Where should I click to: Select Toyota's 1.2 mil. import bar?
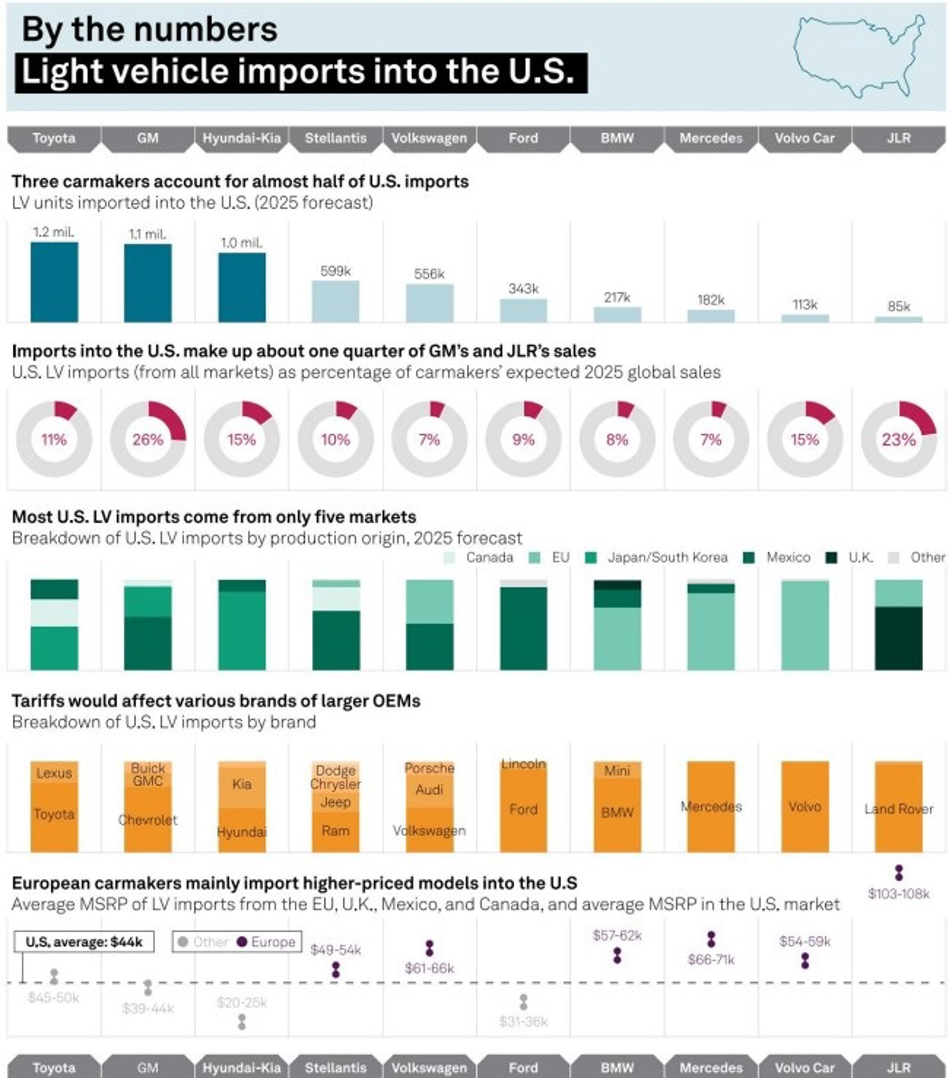[x=54, y=282]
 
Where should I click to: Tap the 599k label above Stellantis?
[x=335, y=271]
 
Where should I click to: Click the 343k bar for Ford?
[x=523, y=311]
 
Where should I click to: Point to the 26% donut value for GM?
[x=148, y=439]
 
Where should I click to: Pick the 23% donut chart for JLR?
[x=899, y=439]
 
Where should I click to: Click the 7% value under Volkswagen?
[x=429, y=439]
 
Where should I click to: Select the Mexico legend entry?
[x=788, y=557]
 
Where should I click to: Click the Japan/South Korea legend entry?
[x=667, y=557]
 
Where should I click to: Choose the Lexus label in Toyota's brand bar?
[x=54, y=773]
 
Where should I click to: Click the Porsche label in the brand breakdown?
[x=429, y=768]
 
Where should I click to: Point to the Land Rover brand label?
[x=899, y=809]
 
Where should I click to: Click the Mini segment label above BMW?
[x=617, y=770]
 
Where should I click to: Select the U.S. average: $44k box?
[x=84, y=942]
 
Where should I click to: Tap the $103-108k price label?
[x=899, y=894]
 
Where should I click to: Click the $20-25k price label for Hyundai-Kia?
[x=242, y=1002]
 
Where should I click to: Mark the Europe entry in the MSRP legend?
[x=272, y=942]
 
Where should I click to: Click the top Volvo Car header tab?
[x=805, y=138]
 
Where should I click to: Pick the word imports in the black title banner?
[x=301, y=72]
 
